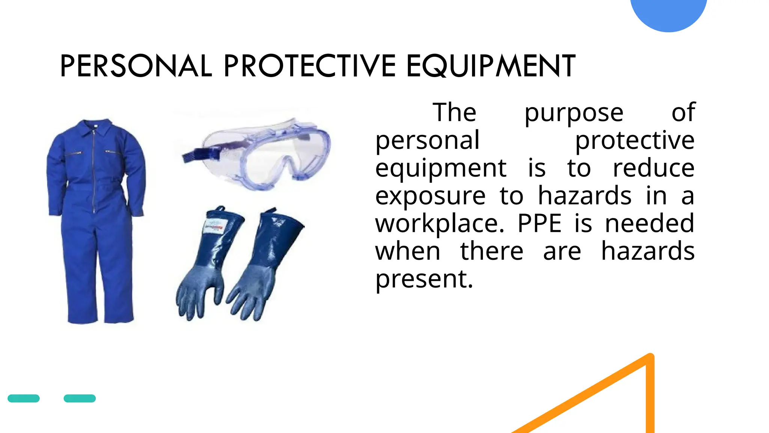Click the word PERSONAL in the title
(x=136, y=66)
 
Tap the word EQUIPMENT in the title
(x=491, y=66)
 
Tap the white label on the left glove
(x=213, y=227)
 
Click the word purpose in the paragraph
(x=574, y=113)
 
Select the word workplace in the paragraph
(x=439, y=224)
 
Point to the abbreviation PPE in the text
(x=539, y=224)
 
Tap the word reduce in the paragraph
(x=653, y=168)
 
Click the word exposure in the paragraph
(x=430, y=196)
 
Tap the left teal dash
(x=24, y=398)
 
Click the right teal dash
(x=80, y=398)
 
